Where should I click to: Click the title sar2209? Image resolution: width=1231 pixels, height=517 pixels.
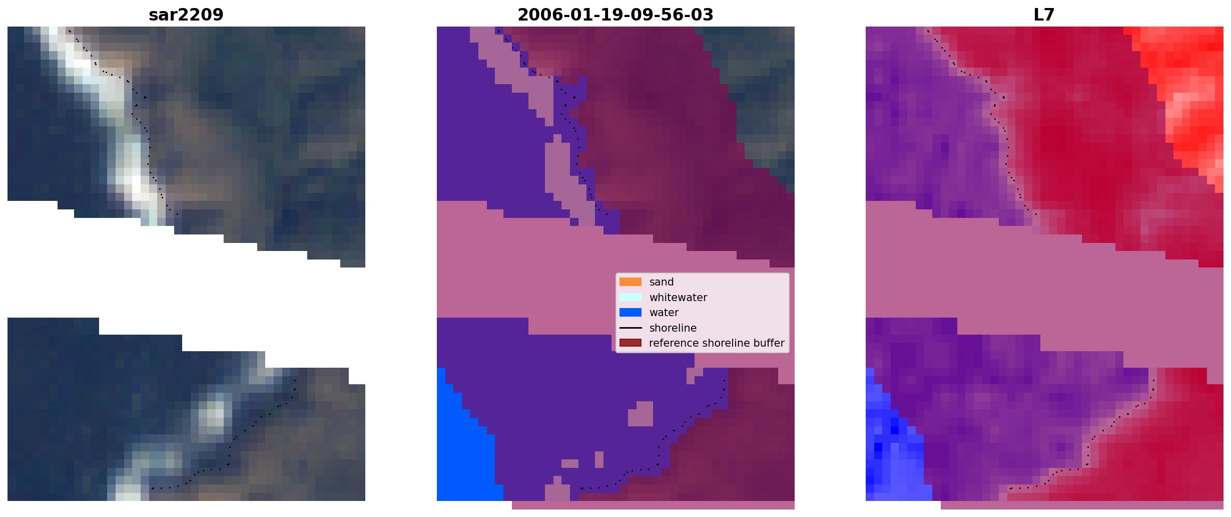pos(186,15)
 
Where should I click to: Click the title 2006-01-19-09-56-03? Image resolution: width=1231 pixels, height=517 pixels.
pos(615,15)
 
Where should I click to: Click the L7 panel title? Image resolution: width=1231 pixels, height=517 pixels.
pos(1044,15)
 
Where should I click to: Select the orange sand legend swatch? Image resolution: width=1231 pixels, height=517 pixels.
pos(631,282)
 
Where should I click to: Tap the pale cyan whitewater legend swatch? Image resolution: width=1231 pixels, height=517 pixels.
pos(631,297)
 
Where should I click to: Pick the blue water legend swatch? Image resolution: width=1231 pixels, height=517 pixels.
pos(631,313)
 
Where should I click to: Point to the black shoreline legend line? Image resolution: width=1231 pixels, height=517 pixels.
pos(631,328)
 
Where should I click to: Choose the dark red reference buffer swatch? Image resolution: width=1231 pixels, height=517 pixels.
pos(631,343)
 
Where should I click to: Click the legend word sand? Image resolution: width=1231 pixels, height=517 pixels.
pos(662,282)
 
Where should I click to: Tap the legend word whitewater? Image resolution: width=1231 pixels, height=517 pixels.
pos(678,298)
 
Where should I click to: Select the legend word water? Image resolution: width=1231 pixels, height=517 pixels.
pos(664,313)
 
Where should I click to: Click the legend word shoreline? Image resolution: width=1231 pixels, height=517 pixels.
pos(673,328)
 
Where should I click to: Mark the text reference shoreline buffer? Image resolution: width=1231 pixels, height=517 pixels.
pos(717,343)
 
